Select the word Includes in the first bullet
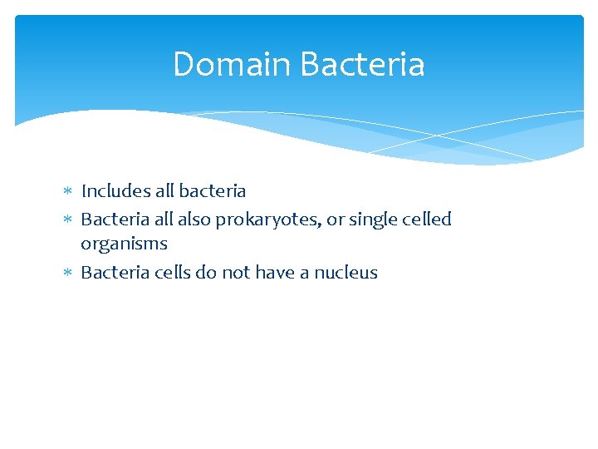click(x=115, y=191)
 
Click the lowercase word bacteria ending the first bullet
click(x=212, y=191)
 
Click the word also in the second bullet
click(x=194, y=220)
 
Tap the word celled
click(x=427, y=220)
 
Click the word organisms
click(x=124, y=244)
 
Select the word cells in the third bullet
click(x=173, y=273)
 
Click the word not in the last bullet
click(x=236, y=273)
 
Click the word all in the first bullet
click(x=164, y=191)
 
